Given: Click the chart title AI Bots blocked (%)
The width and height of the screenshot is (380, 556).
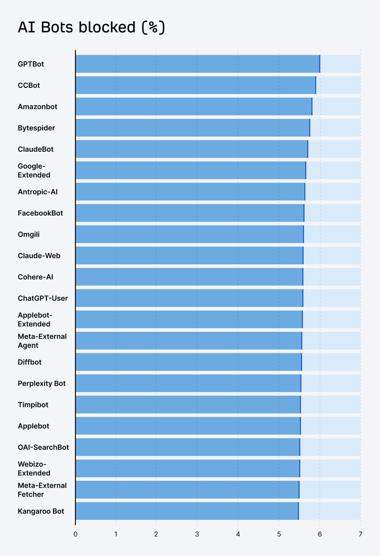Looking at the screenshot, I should pos(91,27).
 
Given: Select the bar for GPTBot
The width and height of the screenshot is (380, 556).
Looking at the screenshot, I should pos(197,64).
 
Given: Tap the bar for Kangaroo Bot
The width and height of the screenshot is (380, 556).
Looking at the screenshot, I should pos(187,511).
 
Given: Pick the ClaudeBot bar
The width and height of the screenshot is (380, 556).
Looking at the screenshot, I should pos(191,149).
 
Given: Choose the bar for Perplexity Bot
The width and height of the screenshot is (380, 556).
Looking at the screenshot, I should pos(188,383).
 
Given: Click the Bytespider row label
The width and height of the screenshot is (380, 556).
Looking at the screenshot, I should pos(36,128).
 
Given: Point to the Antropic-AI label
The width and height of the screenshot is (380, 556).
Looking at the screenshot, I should pos(38,192).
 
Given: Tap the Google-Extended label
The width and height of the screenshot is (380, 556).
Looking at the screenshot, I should pos(34,170).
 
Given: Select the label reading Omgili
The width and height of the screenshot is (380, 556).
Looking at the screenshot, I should pos(29,234).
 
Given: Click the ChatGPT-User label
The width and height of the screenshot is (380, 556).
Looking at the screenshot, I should pos(43,298).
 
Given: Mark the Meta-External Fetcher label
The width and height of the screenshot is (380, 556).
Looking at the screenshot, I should pos(42,490).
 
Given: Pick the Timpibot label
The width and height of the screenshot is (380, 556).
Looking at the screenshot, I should pos(33,405).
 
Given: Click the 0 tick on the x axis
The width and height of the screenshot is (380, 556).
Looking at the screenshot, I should pos(76,534).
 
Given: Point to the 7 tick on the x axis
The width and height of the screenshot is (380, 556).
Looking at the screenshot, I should pos(360,534).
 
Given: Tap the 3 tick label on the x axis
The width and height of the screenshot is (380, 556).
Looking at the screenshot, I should pos(197,534).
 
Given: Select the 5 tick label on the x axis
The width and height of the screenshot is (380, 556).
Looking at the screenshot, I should pos(279,534).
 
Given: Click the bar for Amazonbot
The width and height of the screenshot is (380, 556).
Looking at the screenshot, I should pos(194,106).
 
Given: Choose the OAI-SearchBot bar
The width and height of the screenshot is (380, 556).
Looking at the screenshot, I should pos(187,447).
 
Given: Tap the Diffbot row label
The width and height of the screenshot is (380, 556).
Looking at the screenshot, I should pos(30,362).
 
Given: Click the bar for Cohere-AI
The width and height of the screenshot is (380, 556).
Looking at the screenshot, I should pos(189,277).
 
